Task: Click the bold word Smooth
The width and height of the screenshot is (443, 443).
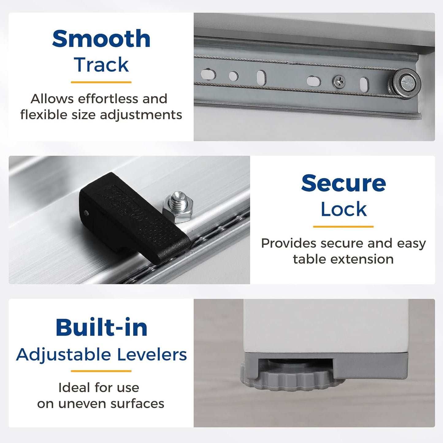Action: click(101, 38)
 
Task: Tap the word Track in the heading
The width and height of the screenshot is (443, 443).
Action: click(101, 65)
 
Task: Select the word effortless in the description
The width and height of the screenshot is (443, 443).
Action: click(108, 99)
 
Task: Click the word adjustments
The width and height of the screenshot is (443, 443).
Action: click(141, 115)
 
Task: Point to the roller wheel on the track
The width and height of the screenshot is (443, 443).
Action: click(405, 83)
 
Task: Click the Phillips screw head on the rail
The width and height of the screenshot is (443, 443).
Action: click(339, 81)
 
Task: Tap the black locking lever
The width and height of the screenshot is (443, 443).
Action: click(135, 218)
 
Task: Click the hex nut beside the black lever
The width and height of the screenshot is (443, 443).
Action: click(178, 208)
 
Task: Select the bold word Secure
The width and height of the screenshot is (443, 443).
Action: click(343, 183)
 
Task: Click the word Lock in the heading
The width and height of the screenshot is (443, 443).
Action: click(343, 209)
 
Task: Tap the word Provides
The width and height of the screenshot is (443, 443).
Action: click(288, 243)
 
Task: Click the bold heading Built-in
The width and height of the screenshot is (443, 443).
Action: click(101, 327)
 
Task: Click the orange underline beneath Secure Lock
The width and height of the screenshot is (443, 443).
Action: click(343, 227)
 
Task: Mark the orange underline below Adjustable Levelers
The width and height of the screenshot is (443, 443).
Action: click(101, 371)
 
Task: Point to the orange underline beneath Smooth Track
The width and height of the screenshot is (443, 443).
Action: click(101, 82)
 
